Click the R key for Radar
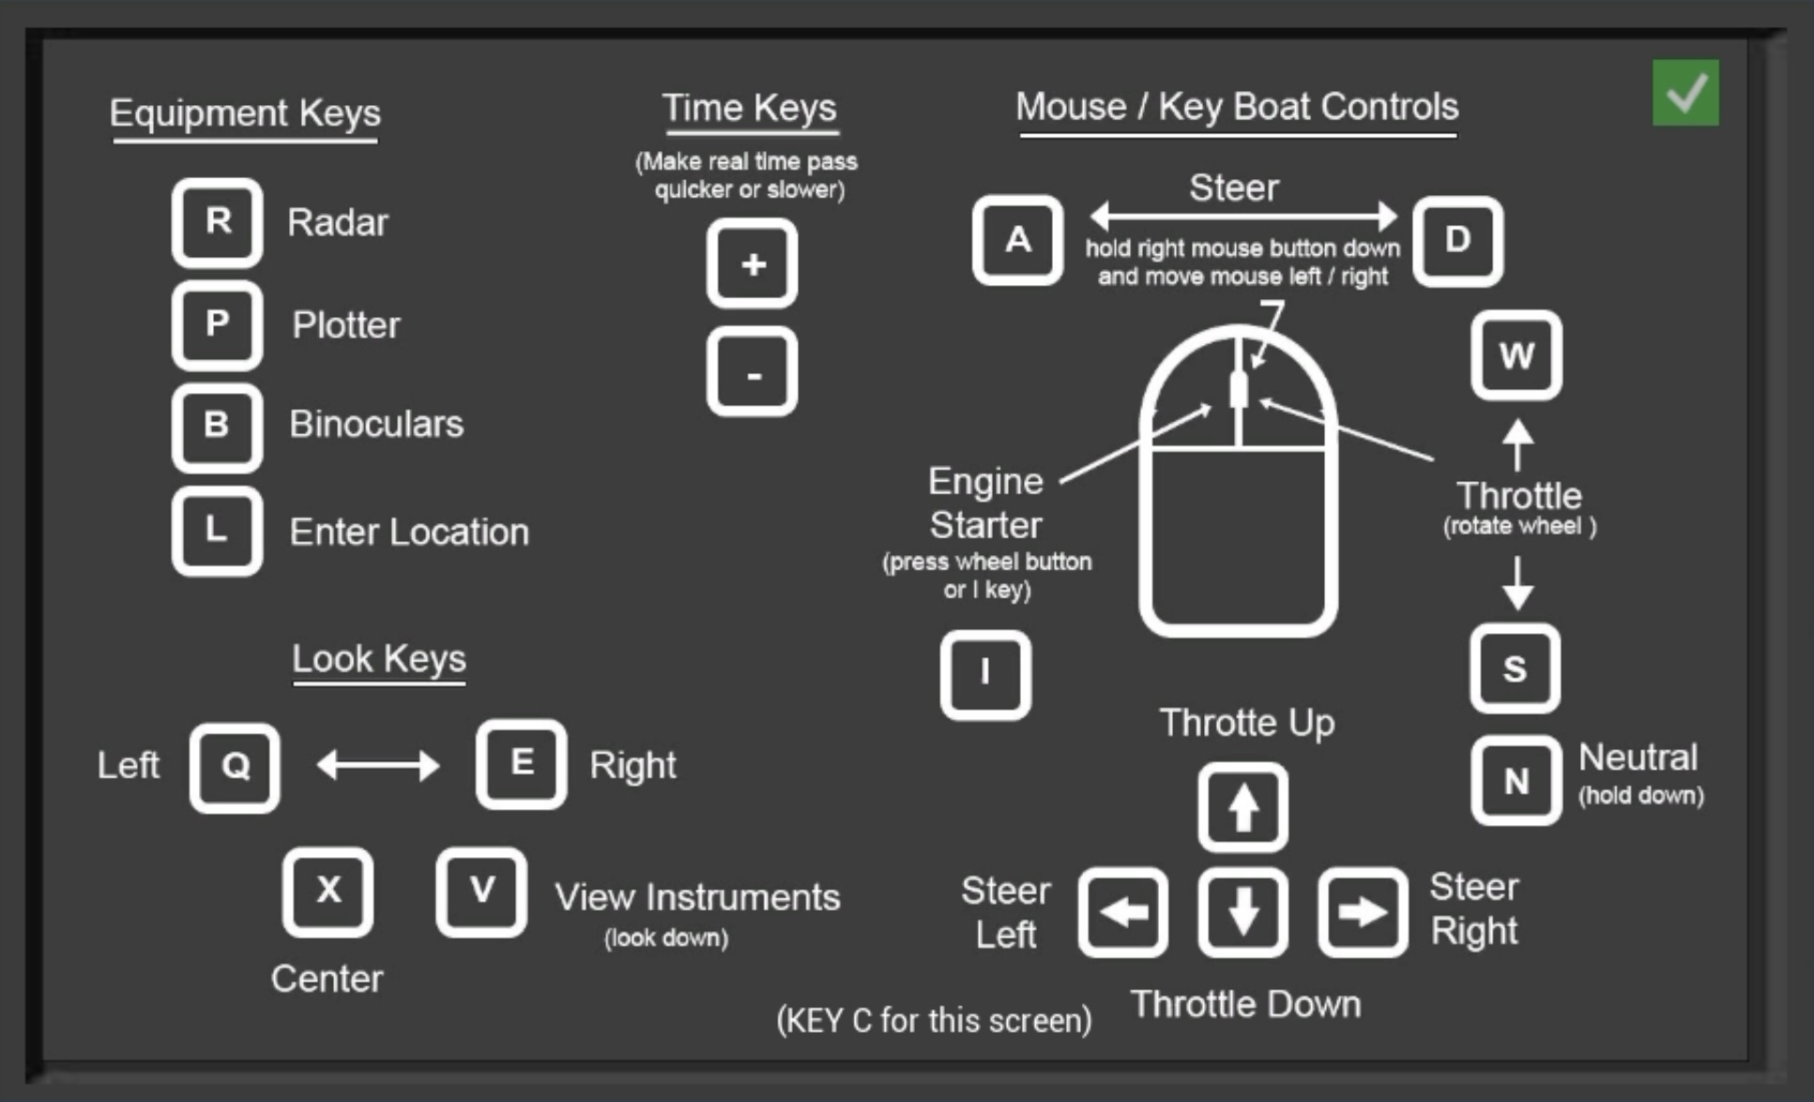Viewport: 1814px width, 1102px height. tap(217, 222)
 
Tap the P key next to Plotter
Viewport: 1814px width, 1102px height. tap(217, 325)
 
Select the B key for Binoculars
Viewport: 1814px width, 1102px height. tap(217, 426)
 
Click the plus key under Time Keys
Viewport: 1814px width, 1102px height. tap(752, 264)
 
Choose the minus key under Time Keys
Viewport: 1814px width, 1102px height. tap(752, 372)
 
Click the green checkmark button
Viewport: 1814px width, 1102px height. tap(1685, 93)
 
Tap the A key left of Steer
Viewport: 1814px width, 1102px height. tap(1017, 241)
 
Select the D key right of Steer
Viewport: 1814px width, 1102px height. tap(1457, 241)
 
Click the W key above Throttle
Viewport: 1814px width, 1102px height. tap(1516, 355)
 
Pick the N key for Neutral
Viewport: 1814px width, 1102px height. tap(1516, 779)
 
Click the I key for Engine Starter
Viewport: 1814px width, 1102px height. tap(985, 673)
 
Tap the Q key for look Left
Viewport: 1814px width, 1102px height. tap(235, 767)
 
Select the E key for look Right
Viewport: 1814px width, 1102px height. tap(521, 763)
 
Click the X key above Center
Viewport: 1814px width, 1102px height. tap(328, 891)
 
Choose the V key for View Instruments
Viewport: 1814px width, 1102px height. tap(480, 891)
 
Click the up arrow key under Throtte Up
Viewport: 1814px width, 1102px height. tap(1242, 808)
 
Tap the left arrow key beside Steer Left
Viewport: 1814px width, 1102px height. tap(1122, 912)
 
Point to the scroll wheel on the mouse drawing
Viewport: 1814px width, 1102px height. tap(1239, 389)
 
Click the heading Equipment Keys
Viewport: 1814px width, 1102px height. tap(245, 113)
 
